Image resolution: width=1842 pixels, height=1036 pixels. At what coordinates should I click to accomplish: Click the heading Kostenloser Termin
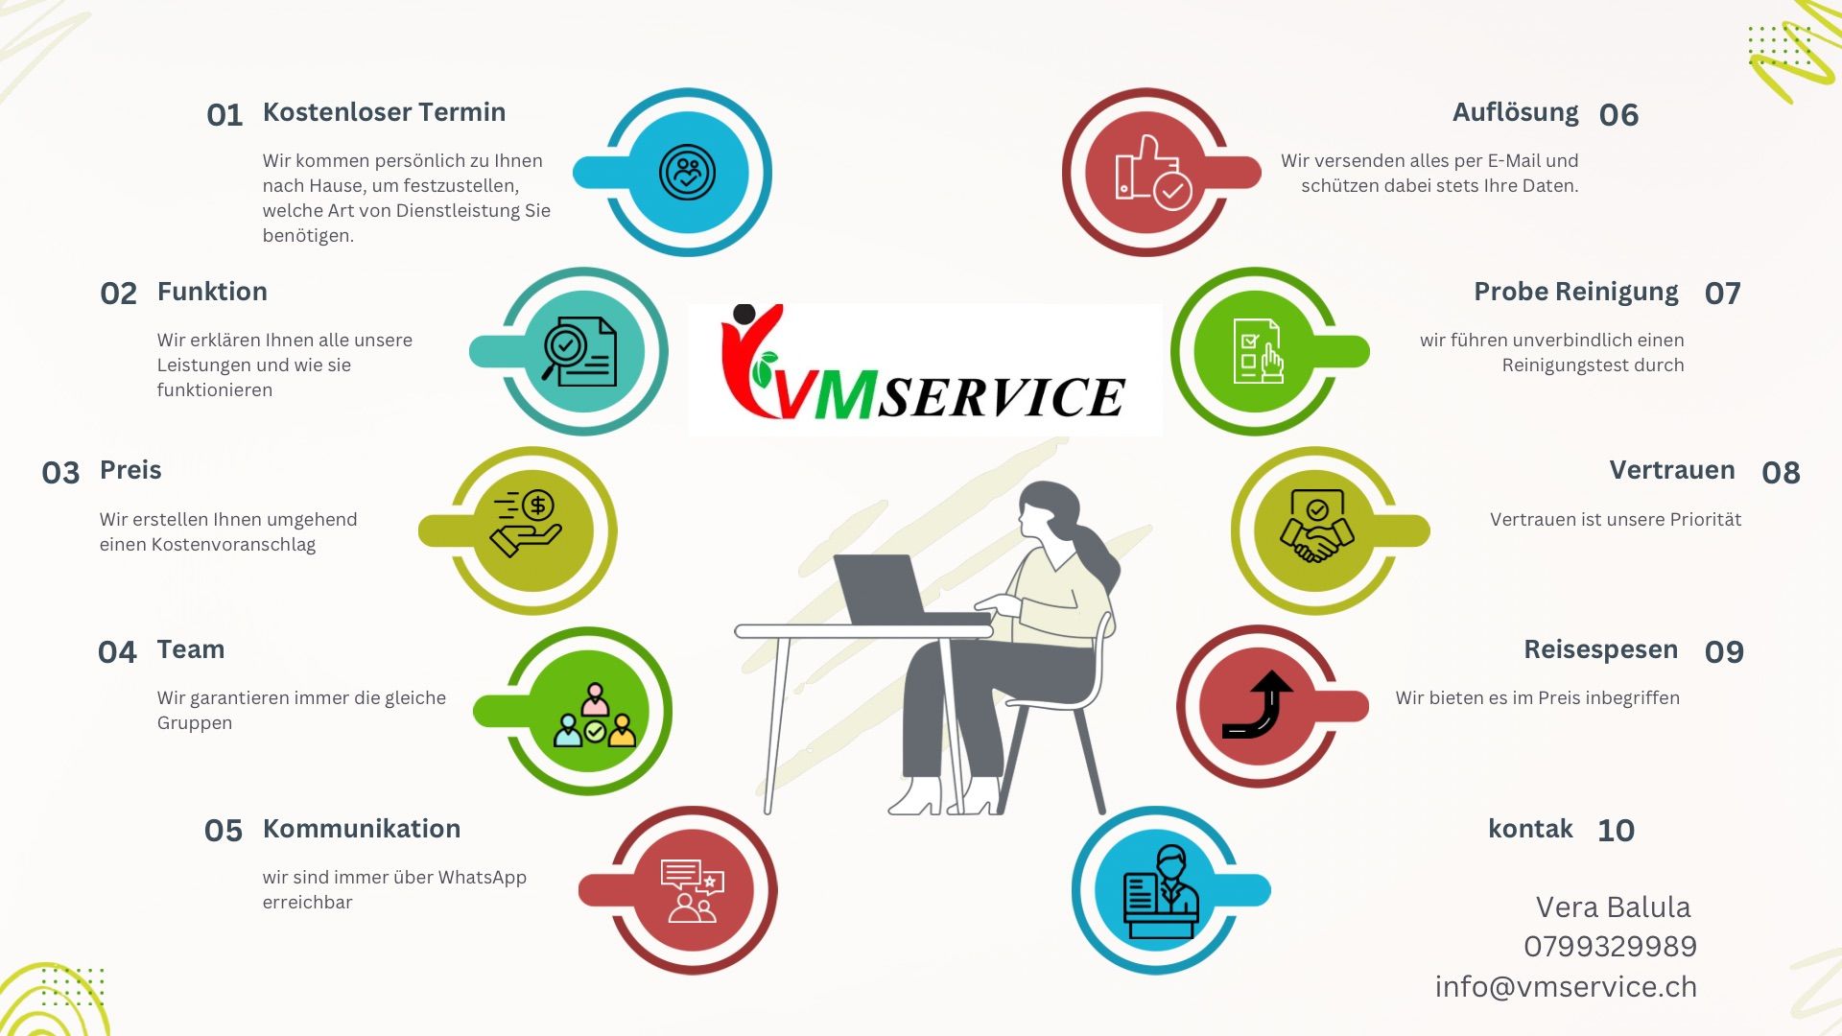point(384,112)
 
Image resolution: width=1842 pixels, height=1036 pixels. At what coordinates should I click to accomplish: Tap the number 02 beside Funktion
point(119,294)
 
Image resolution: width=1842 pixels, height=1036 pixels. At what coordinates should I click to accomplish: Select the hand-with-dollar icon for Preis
point(526,524)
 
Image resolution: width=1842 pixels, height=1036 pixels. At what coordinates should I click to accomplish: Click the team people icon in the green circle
point(595,716)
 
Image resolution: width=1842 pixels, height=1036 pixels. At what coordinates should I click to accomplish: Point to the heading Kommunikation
point(362,829)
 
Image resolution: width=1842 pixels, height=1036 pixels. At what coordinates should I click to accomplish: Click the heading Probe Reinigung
point(1576,293)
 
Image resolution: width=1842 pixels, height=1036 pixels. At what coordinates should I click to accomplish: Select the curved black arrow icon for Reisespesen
point(1258,704)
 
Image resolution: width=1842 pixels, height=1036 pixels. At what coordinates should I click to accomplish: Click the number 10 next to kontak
point(1617,831)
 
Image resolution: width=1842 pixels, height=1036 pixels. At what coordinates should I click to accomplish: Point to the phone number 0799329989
point(1611,947)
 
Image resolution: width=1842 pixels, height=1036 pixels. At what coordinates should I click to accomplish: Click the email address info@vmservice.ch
point(1567,987)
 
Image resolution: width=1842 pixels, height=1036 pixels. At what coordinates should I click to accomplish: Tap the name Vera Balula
point(1614,906)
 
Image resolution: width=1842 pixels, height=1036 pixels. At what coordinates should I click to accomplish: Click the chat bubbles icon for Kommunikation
point(692,891)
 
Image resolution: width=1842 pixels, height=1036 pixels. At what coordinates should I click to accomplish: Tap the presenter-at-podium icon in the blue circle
point(1161,893)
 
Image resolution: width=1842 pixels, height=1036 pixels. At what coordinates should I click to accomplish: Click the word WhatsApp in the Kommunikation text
point(483,878)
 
